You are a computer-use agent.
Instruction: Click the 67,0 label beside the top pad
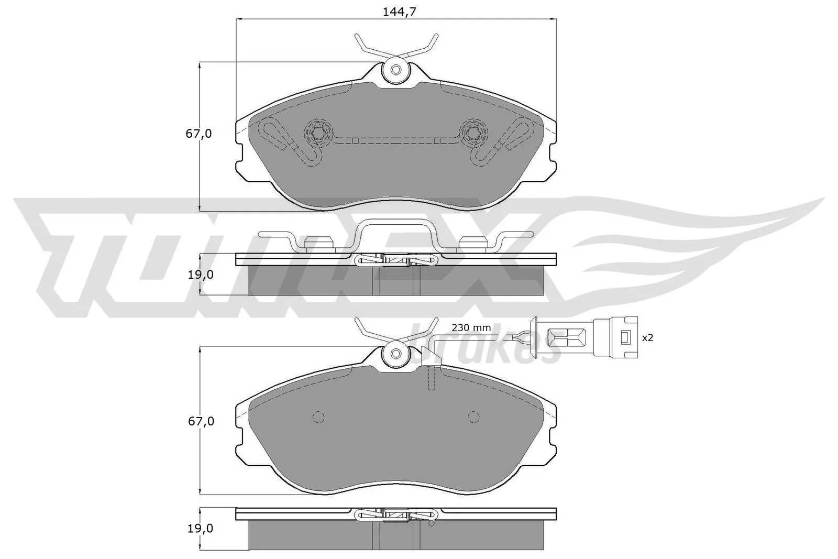(199, 134)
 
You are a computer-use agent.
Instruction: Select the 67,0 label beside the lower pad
(199, 421)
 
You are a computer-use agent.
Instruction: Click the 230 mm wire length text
(471, 328)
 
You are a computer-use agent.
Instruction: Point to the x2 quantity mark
(648, 338)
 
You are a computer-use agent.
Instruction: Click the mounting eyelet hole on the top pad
(396, 70)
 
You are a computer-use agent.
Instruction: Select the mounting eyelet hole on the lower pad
(396, 354)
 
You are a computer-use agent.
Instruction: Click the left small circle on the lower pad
(318, 416)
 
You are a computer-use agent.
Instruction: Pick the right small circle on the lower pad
(473, 416)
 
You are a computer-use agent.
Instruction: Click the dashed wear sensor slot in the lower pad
(433, 378)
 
